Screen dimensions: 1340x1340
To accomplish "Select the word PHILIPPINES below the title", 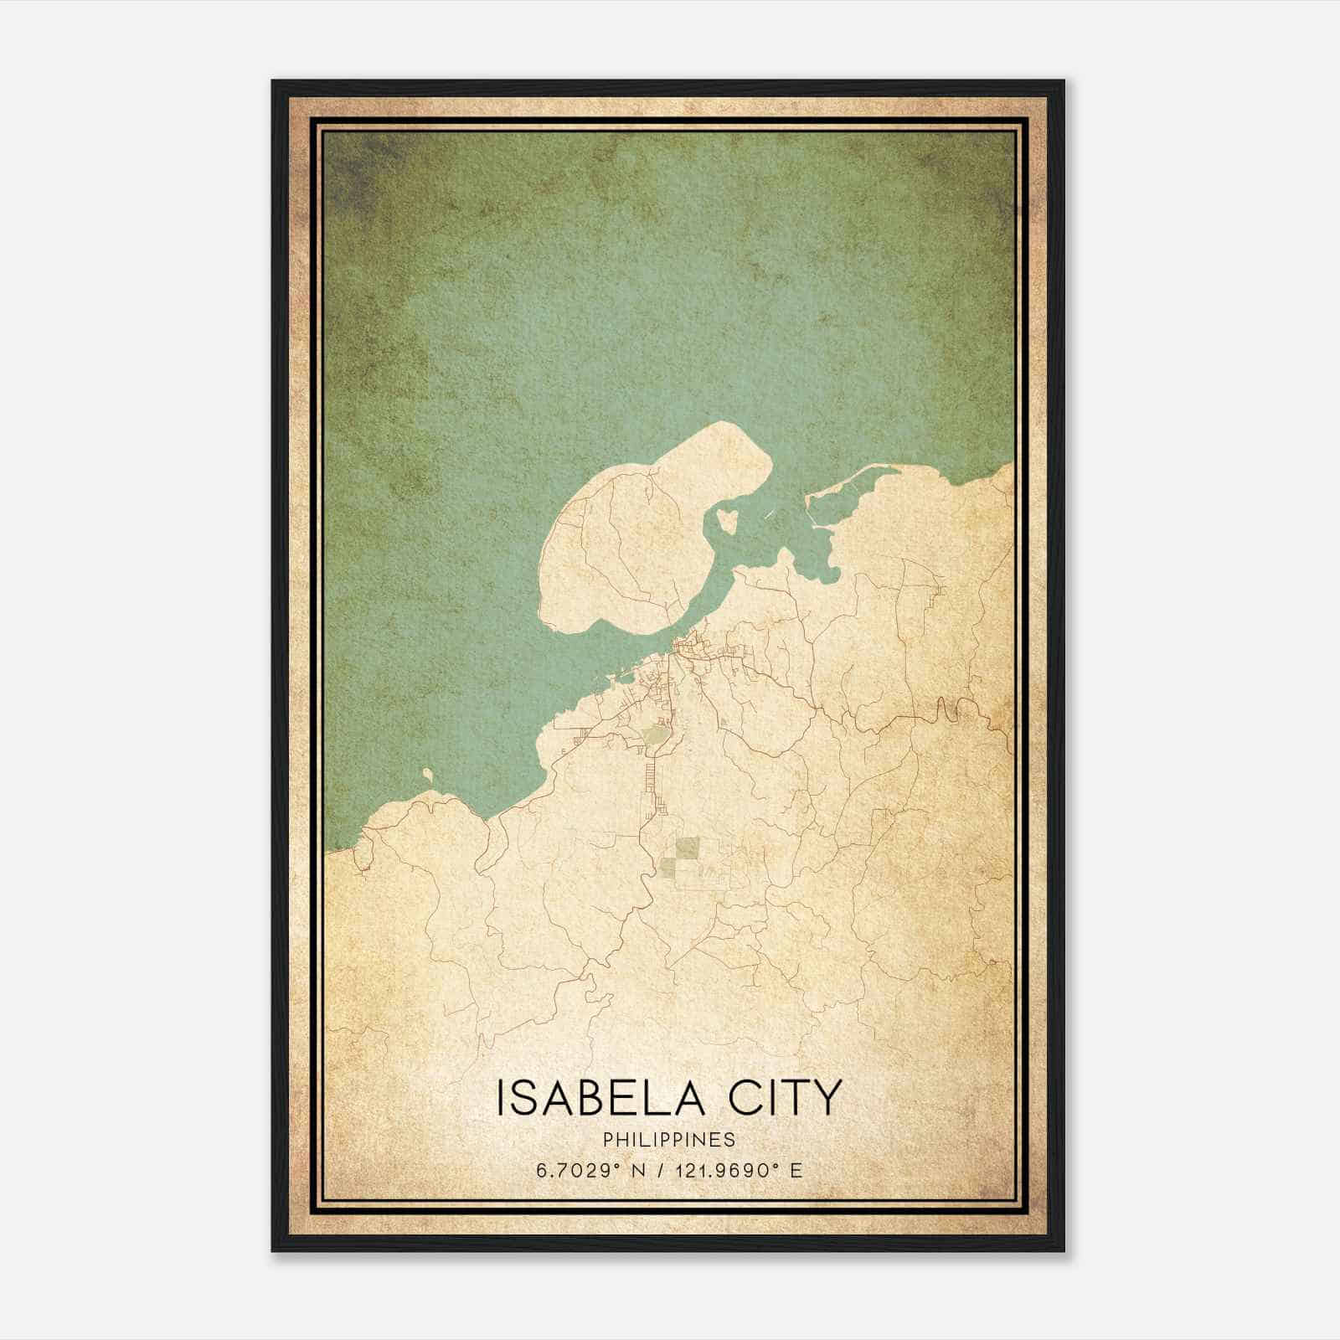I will [x=669, y=1140].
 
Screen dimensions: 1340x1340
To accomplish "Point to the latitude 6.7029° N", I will [x=585, y=1170].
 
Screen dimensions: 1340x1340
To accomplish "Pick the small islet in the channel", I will [x=727, y=520].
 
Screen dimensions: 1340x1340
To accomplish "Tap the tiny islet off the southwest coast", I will [x=428, y=775].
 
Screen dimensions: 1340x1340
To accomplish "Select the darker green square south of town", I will [x=688, y=848].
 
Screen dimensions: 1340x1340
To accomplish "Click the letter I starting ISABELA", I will [x=501, y=1097].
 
